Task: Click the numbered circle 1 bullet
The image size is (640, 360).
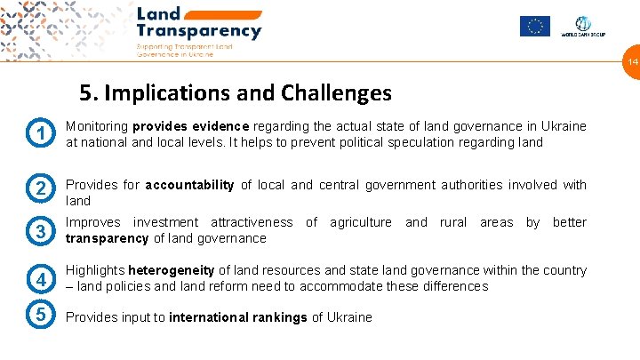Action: click(41, 133)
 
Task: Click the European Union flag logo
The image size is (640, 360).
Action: click(535, 27)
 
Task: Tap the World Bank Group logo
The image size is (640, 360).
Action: click(582, 27)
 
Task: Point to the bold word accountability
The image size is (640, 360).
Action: click(189, 185)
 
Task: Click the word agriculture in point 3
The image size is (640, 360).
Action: click(360, 222)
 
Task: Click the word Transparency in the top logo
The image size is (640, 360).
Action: click(199, 31)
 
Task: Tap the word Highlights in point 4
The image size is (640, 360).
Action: click(95, 270)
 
